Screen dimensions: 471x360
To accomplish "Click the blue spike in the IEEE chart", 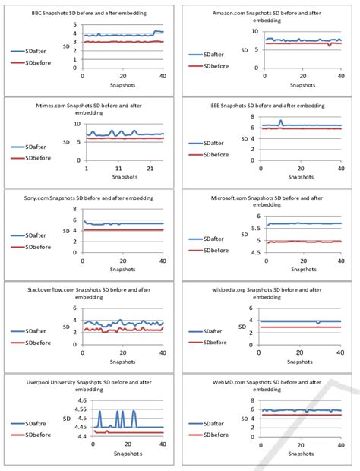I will (x=281, y=121).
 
